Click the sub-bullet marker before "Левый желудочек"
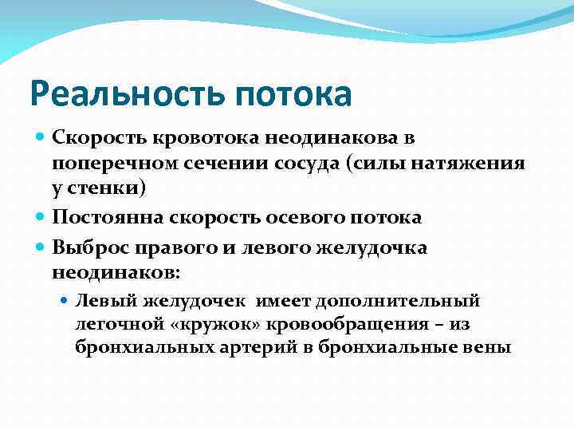[66, 302]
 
